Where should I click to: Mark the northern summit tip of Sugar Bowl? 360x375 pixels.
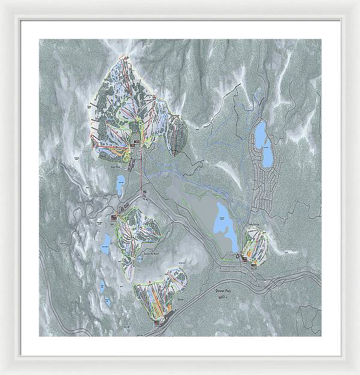(125, 55)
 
